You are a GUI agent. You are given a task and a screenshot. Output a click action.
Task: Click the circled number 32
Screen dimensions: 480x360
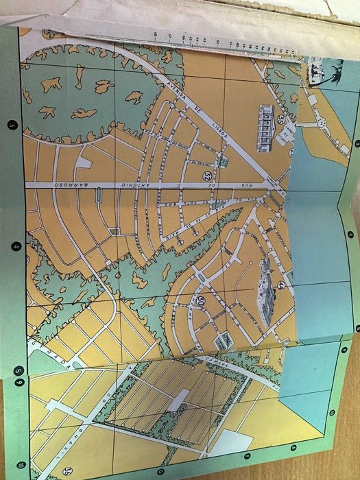(207, 176)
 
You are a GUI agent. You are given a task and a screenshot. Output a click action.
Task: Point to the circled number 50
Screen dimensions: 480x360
(200, 300)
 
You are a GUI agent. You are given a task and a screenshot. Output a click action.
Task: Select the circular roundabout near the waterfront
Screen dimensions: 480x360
(320, 123)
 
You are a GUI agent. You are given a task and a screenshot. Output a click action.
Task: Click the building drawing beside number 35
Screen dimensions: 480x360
(266, 127)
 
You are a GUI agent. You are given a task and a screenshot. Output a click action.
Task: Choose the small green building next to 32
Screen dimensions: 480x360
(221, 163)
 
